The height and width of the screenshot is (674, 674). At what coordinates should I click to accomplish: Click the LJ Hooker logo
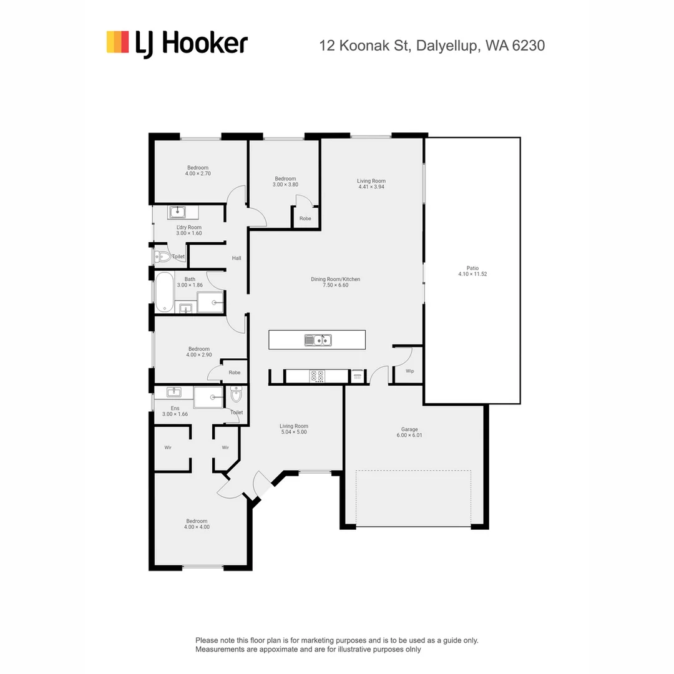point(177,44)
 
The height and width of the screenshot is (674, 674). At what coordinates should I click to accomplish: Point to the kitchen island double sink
point(318,340)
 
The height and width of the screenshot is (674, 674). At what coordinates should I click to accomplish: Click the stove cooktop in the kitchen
point(317,376)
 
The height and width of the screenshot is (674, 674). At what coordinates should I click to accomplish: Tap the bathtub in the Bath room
point(165,292)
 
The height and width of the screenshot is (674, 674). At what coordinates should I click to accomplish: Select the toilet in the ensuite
point(237,395)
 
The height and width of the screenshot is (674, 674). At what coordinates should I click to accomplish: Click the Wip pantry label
point(410,371)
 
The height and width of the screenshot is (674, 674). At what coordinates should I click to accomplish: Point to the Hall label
point(237,258)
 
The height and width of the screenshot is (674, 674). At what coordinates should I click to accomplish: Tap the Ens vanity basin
point(173,393)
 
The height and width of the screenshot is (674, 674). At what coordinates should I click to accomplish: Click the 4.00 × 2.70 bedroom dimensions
point(198,173)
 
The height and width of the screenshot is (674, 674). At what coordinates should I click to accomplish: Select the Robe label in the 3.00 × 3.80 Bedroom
point(305,218)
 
